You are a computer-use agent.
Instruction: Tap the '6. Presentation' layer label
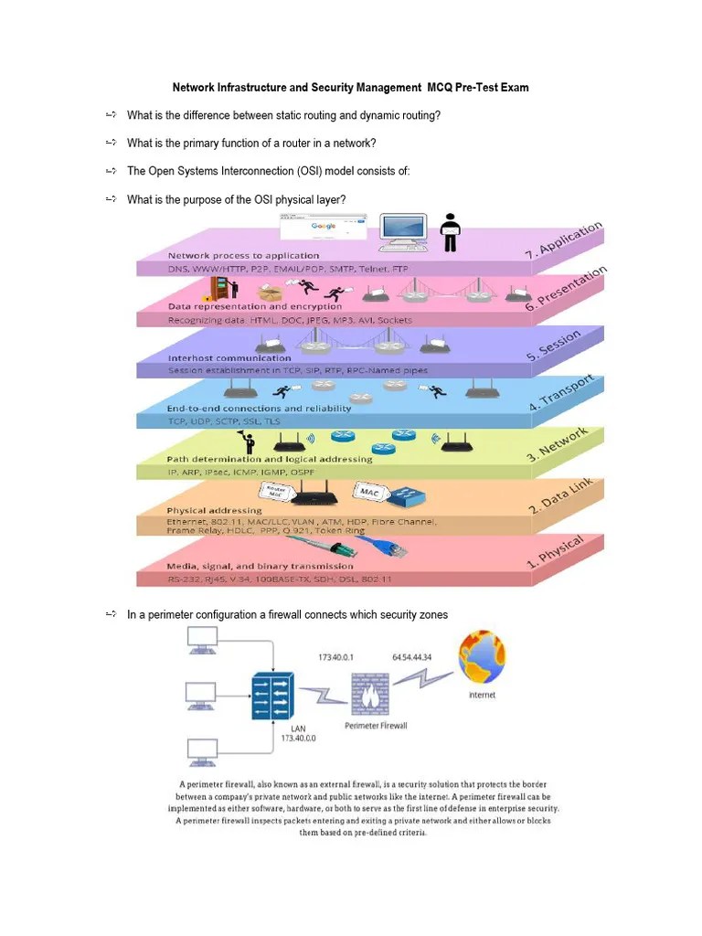pyautogui.click(x=566, y=292)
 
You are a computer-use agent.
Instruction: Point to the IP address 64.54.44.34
pyautogui.click(x=412, y=657)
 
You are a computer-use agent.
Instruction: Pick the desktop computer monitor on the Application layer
pyautogui.click(x=402, y=232)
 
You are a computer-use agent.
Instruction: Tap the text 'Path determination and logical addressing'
pyautogui.click(x=270, y=459)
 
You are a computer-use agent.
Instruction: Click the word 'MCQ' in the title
pyautogui.click(x=443, y=88)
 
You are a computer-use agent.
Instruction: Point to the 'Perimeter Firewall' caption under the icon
pyautogui.click(x=376, y=725)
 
